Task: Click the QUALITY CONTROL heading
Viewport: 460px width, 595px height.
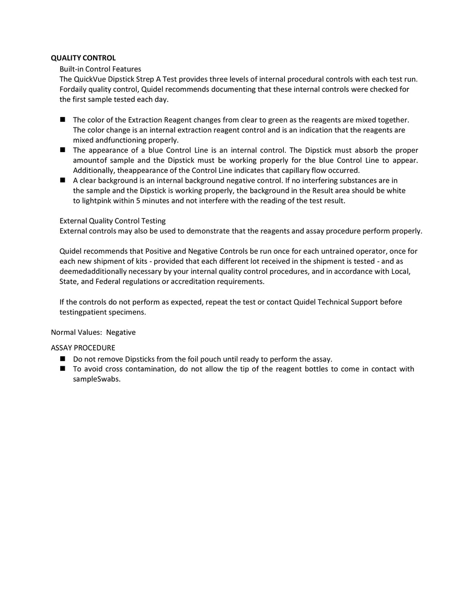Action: tap(83, 58)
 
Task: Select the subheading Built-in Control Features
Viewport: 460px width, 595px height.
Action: tap(100, 68)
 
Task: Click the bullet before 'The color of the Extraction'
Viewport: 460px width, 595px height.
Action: tap(63, 120)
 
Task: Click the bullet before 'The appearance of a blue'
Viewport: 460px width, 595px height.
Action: tap(63, 150)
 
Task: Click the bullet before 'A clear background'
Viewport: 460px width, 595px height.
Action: tap(63, 180)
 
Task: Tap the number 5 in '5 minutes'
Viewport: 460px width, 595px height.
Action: tap(137, 201)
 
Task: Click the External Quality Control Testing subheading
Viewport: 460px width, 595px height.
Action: tap(112, 221)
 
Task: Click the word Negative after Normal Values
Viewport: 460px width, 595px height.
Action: tap(121, 332)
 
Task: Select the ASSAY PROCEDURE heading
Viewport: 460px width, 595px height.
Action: tap(83, 347)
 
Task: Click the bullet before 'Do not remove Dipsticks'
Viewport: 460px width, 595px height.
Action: tap(63, 359)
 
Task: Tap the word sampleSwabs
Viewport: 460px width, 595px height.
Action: tap(97, 379)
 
